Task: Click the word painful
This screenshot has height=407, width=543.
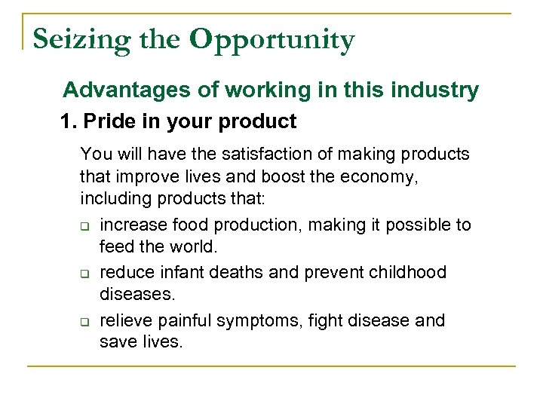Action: [183, 321]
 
